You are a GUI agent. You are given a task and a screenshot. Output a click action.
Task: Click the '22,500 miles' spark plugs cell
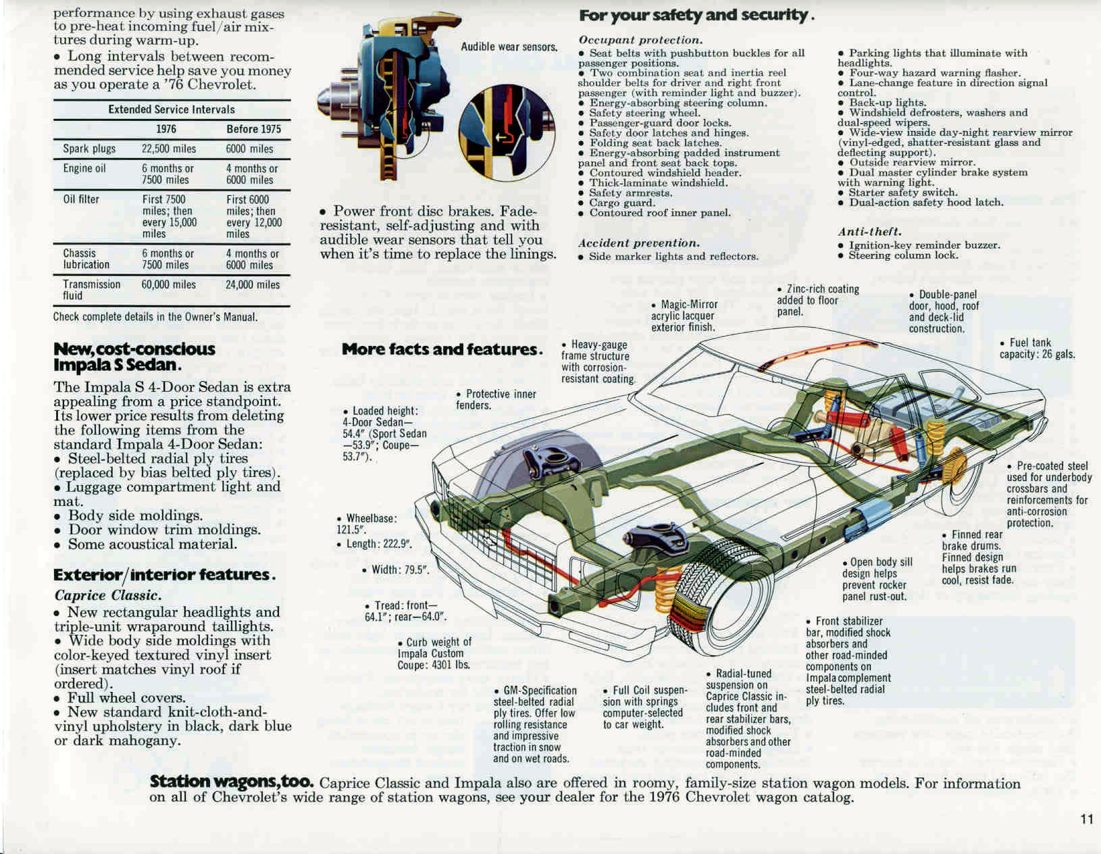(169, 149)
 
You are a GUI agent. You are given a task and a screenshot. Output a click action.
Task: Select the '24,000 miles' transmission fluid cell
(253, 285)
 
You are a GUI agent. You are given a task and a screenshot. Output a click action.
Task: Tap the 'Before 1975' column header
(253, 129)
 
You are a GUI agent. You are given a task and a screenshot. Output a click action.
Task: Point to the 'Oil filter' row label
(81, 199)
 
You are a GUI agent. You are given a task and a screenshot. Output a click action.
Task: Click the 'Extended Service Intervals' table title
(172, 109)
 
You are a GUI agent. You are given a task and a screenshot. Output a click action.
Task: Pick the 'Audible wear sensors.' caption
(509, 47)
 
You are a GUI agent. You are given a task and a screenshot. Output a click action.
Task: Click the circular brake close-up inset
(506, 132)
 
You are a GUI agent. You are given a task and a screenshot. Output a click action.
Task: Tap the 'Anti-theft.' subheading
(869, 232)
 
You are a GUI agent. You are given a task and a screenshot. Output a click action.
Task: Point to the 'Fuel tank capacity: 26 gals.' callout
(1037, 348)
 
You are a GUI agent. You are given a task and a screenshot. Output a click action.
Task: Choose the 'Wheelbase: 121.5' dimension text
(367, 524)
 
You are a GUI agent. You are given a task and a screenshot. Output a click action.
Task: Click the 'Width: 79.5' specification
(395, 570)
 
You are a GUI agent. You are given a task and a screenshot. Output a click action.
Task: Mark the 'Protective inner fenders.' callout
(496, 399)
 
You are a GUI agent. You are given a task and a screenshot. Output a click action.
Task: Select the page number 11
(1086, 819)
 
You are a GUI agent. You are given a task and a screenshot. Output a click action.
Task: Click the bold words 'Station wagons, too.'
(232, 782)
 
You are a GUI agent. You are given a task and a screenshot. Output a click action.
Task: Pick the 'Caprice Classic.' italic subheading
(108, 595)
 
